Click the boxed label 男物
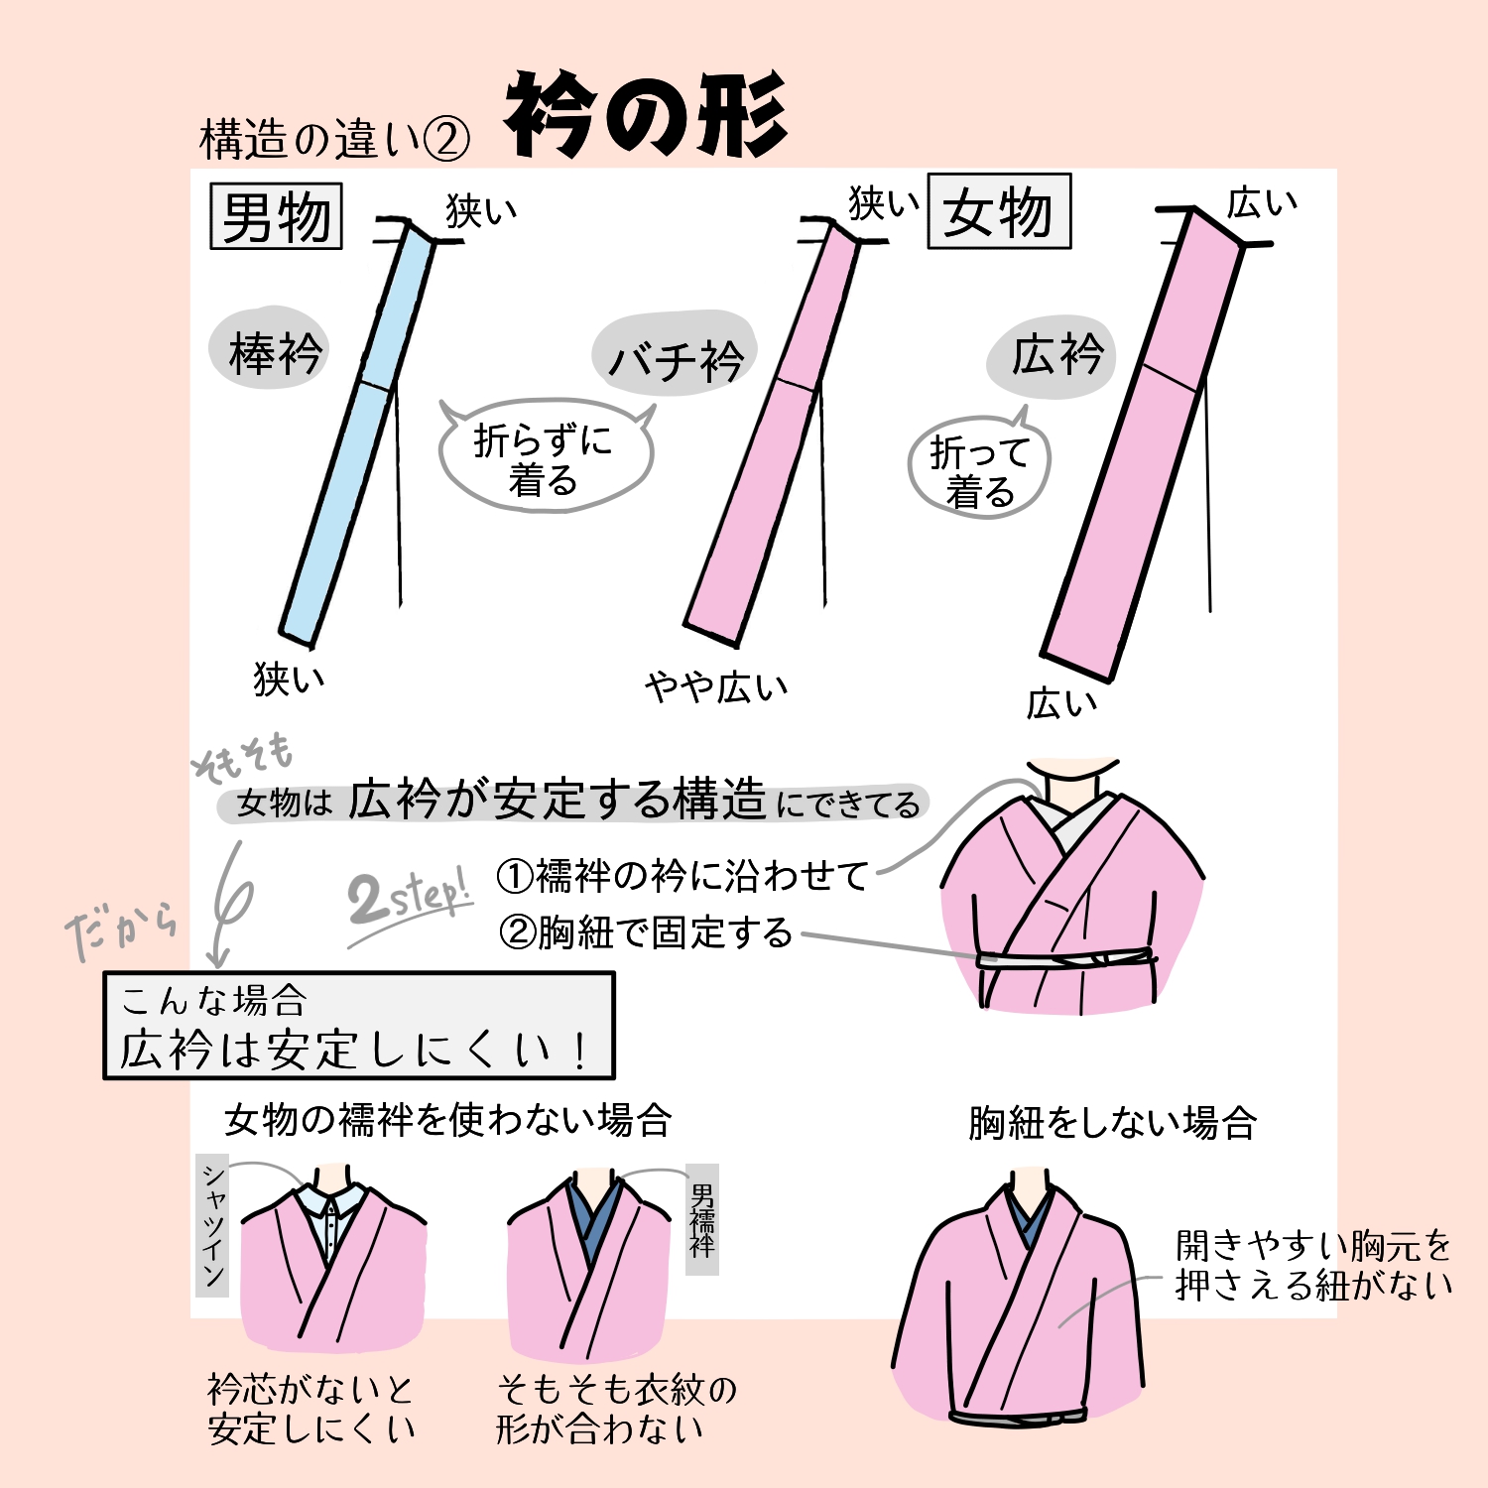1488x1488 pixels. (276, 216)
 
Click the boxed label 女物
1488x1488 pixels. (998, 211)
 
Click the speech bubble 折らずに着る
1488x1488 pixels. (544, 457)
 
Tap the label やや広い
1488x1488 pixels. (716, 685)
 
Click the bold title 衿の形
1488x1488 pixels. (646, 116)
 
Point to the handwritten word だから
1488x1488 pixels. (122, 930)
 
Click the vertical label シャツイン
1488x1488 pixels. (212, 1225)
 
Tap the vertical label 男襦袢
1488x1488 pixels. (702, 1219)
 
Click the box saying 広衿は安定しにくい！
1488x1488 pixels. (358, 1026)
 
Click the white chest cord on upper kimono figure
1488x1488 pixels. (1066, 959)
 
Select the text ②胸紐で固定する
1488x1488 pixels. (646, 932)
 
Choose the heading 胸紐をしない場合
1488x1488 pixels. (1112, 1123)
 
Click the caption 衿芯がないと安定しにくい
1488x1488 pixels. (310, 1409)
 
